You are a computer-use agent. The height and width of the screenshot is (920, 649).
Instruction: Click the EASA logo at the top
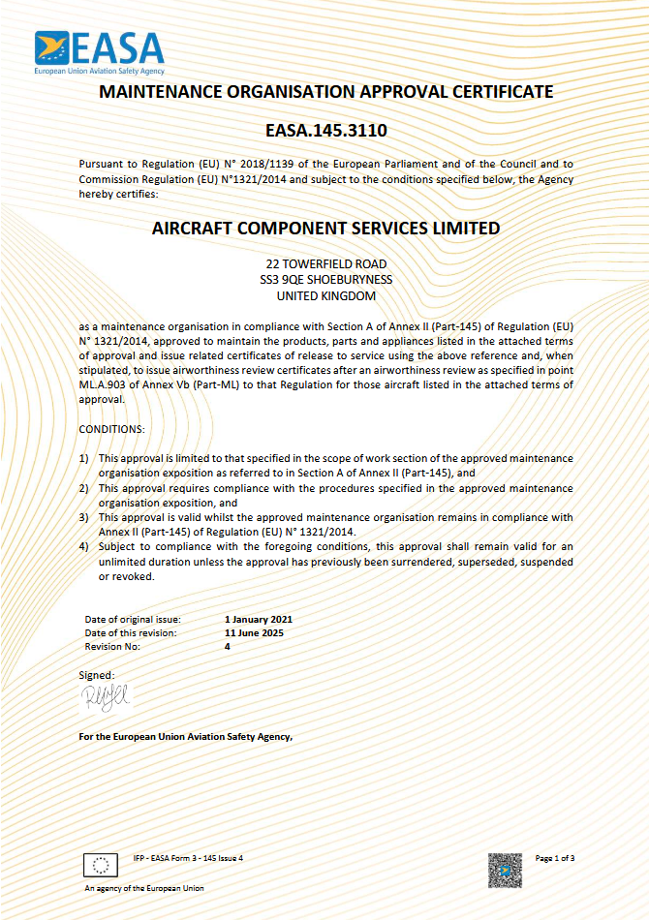tap(100, 52)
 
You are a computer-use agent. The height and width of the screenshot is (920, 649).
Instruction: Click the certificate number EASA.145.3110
tap(325, 129)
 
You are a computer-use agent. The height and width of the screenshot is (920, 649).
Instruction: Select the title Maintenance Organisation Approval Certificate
tap(326, 92)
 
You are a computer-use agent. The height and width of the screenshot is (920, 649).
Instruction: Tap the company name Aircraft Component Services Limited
tap(326, 229)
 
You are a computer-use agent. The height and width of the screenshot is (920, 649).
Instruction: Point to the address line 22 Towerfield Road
tap(325, 264)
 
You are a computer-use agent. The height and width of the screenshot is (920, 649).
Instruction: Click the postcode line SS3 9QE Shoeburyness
tap(325, 280)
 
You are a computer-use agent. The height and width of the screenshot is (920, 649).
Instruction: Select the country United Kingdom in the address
tap(325, 296)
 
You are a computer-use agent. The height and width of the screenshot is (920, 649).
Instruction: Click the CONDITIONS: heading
tap(112, 428)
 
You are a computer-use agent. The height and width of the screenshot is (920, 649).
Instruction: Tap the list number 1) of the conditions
tap(84, 457)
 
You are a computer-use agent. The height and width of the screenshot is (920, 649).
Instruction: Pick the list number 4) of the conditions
tap(84, 547)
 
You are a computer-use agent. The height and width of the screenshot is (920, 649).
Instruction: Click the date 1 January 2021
tap(258, 619)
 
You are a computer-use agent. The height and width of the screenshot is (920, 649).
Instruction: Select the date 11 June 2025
tap(254, 632)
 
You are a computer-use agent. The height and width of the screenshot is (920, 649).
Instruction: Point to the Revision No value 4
tap(228, 646)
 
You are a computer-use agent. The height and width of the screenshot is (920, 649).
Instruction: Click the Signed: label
tap(96, 674)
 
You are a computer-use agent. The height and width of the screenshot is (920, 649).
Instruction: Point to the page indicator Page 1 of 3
tap(555, 858)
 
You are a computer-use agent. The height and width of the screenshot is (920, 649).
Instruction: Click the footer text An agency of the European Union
tap(144, 888)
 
